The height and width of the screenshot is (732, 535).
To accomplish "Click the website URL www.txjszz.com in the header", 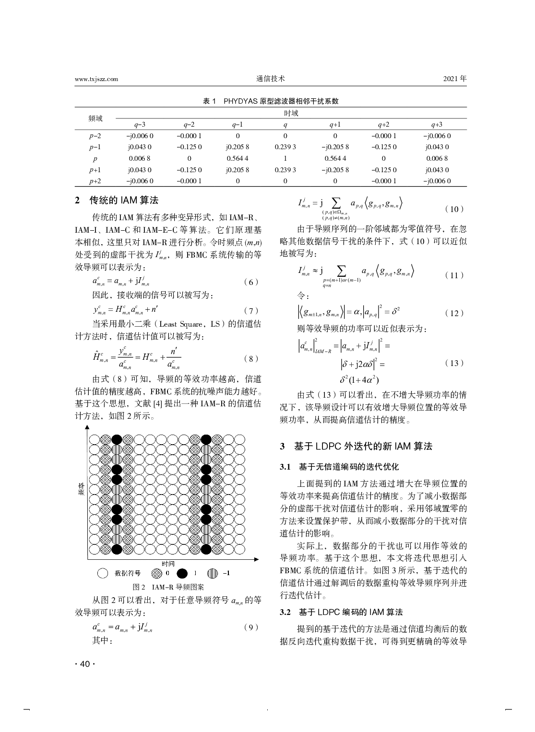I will (96, 80).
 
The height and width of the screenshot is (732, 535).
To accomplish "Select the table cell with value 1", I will (285, 158).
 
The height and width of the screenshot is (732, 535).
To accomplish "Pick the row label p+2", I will (95, 181).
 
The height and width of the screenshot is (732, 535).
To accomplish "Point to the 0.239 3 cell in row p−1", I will (285, 147).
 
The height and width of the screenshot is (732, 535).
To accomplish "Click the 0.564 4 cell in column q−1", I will (238, 158).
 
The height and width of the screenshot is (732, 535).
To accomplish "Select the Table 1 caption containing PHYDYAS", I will (271, 101).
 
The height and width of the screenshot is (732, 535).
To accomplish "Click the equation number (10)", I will (454, 209).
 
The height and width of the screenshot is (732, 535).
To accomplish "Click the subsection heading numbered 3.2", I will (341, 612).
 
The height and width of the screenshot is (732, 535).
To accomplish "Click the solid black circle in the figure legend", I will (182, 573).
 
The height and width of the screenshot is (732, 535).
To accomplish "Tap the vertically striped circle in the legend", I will (213, 573).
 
